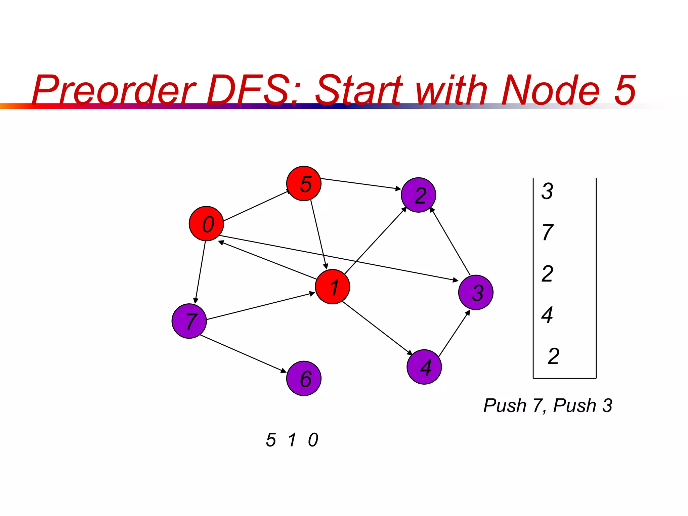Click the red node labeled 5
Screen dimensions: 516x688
coord(304,183)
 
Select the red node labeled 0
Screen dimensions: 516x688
coord(206,223)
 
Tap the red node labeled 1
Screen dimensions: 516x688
coord(332,287)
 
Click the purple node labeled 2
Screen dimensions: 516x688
coord(418,195)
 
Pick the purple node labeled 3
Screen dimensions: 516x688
coord(476,292)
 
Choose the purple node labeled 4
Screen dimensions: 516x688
coord(424,367)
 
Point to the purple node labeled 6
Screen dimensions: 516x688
coord(304,379)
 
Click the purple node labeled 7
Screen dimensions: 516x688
coord(189,321)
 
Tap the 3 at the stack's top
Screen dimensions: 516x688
coord(547,191)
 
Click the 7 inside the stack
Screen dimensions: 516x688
coord(548,232)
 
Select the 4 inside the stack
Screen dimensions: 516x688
coord(547,315)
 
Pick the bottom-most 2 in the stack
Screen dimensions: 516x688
coord(553,356)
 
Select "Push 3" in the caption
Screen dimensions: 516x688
coord(583,405)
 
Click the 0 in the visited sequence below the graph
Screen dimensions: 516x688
coord(313,440)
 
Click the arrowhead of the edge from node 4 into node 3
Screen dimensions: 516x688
coord(468,313)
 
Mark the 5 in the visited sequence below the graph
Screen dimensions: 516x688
coord(271,440)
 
